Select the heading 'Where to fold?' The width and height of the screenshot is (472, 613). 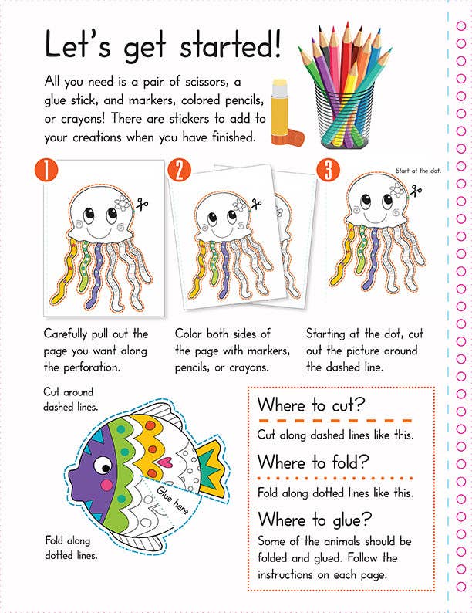pyautogui.click(x=313, y=462)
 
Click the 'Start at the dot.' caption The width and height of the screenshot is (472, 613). pyautogui.click(x=418, y=170)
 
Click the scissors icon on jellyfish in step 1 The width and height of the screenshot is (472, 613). pyautogui.click(x=141, y=204)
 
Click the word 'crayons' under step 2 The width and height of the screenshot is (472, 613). pyautogui.click(x=262, y=367)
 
